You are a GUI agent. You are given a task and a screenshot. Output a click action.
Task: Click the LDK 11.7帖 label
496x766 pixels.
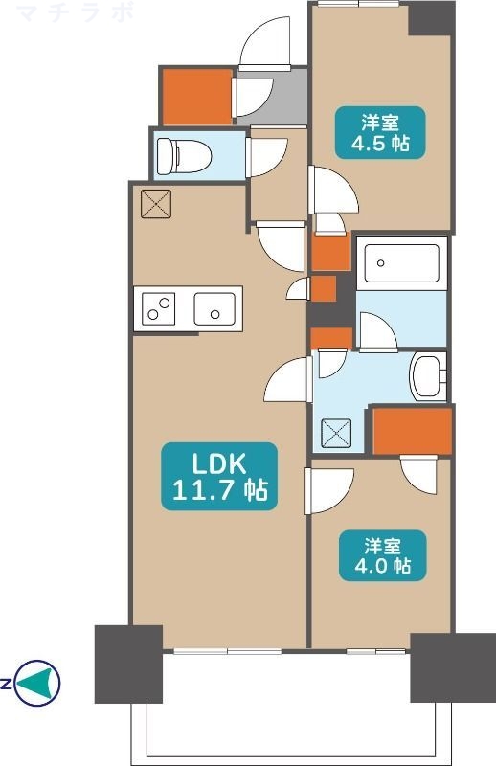coord(219,476)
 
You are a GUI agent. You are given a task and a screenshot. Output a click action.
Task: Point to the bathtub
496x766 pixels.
coord(401,261)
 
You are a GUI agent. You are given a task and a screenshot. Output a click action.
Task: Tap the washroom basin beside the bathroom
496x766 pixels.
coord(428,375)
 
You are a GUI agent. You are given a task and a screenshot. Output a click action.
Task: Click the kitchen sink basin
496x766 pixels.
coord(216,309)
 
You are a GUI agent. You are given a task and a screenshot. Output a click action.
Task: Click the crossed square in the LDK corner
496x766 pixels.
coord(152,204)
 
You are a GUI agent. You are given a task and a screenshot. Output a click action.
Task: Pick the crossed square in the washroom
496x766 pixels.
coord(336,433)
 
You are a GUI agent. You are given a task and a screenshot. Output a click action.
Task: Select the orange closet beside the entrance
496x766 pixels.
coord(196,96)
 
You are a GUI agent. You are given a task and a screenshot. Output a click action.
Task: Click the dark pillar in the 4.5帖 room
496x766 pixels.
coord(431,17)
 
